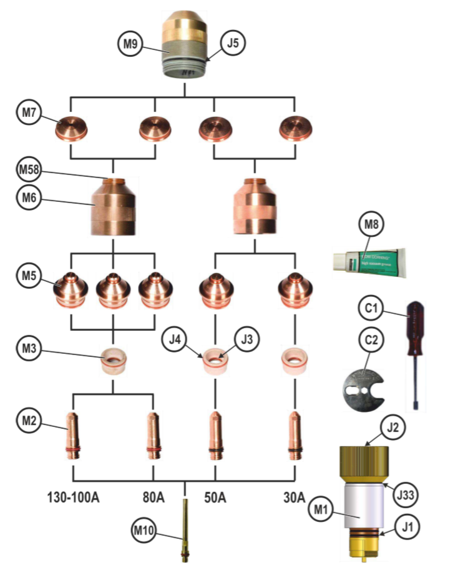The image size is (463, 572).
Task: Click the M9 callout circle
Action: click(x=130, y=44)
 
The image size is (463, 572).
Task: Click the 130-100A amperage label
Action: click(x=74, y=498)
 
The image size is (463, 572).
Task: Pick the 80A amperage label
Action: click(x=153, y=498)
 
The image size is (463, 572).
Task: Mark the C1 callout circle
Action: click(x=371, y=308)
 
